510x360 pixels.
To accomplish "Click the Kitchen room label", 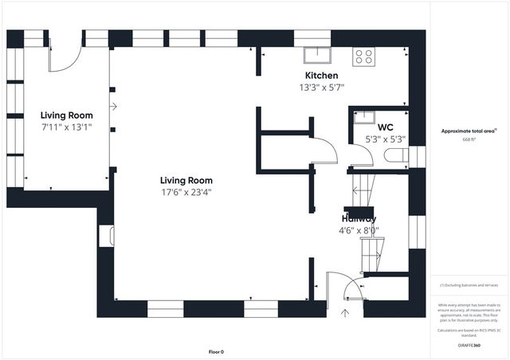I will [322, 75].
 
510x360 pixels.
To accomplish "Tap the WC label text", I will [386, 127].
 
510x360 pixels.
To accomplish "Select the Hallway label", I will [359, 218].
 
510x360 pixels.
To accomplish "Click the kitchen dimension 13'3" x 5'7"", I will [322, 88].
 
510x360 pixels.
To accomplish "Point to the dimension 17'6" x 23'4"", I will [186, 191].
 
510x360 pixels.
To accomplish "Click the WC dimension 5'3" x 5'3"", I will [386, 139].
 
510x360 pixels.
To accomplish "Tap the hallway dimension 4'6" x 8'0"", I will [359, 231].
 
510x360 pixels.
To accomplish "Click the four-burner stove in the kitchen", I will [364, 56].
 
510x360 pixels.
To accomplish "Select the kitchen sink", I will [317, 54].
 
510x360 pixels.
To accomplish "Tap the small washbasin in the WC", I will [366, 116].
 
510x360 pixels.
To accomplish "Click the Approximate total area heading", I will [469, 131].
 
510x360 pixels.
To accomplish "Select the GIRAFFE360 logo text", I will [469, 345].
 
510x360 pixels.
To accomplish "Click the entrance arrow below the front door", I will [345, 313].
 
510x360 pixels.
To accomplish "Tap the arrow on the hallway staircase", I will [356, 190].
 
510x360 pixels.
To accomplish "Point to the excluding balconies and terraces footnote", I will [469, 285].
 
